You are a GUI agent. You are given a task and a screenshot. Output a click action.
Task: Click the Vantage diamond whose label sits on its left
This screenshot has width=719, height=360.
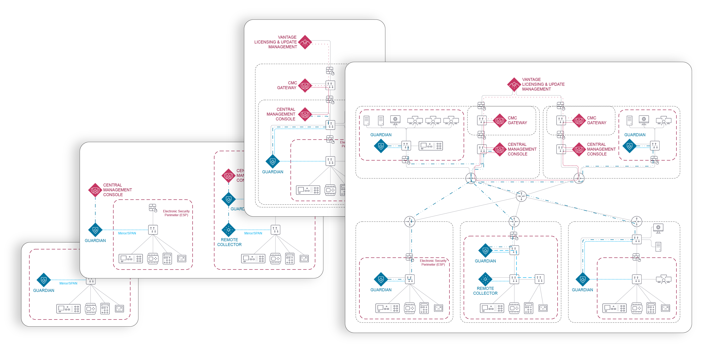[305, 42]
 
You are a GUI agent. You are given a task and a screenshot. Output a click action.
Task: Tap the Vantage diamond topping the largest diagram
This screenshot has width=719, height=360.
[514, 84]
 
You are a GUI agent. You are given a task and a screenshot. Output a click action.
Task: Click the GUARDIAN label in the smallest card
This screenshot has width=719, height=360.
[44, 290]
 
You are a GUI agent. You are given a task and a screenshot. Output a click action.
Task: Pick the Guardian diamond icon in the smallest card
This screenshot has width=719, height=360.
[44, 280]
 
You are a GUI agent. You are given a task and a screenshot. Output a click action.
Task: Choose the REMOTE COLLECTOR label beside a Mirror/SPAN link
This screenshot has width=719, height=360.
[229, 242]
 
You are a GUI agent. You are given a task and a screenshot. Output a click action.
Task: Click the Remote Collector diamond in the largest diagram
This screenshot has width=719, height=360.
[485, 279]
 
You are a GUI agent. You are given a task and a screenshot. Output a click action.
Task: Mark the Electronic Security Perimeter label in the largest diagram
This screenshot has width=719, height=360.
[433, 262]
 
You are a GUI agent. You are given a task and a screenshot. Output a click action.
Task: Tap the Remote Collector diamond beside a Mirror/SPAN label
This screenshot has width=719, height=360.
[229, 230]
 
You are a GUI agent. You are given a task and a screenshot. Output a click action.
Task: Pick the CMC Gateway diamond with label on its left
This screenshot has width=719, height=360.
[305, 86]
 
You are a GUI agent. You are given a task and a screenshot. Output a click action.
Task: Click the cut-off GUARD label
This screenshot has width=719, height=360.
[237, 209]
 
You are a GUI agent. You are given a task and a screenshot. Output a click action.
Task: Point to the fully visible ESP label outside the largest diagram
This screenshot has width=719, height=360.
[176, 213]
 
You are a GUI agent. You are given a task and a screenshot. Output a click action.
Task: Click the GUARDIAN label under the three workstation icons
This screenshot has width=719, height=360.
[381, 135]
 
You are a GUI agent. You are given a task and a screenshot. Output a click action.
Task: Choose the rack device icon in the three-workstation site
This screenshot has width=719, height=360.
[431, 145]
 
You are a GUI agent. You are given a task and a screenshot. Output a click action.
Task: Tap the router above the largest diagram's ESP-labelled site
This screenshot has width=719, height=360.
[410, 222]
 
